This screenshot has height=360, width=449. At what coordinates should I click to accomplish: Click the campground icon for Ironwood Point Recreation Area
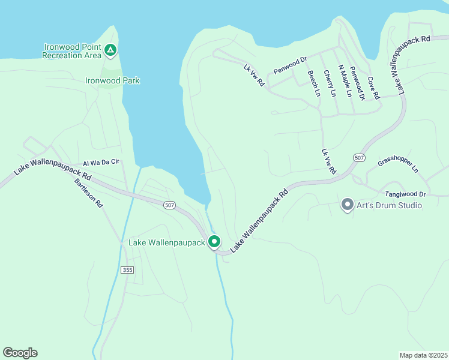click(110, 50)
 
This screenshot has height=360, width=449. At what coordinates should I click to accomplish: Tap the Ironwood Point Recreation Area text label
click(71, 51)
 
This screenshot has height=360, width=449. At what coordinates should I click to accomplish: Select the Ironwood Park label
click(112, 80)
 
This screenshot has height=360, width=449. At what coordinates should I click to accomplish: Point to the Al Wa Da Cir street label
click(101, 163)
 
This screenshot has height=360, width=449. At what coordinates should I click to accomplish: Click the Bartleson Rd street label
click(89, 193)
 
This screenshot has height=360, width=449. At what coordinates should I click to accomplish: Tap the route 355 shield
click(127, 270)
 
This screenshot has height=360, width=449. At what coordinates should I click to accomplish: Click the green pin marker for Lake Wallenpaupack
click(214, 242)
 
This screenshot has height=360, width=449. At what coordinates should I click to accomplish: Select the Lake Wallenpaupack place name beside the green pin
click(167, 243)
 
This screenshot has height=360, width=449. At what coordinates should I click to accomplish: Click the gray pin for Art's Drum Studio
click(347, 205)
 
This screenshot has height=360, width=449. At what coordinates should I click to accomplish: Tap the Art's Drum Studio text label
click(390, 206)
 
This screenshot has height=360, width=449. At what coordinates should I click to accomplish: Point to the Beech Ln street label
click(313, 83)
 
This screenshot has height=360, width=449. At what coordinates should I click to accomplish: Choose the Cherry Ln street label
click(329, 83)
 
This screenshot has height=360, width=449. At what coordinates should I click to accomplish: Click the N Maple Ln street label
click(345, 81)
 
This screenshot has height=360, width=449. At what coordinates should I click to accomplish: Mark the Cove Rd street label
click(373, 88)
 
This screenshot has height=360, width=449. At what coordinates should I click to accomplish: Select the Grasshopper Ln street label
click(397, 165)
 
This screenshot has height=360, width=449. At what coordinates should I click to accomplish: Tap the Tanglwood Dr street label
click(405, 194)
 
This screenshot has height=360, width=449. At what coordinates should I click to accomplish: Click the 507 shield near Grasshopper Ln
click(359, 157)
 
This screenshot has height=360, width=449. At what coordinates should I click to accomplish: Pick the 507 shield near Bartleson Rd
click(170, 205)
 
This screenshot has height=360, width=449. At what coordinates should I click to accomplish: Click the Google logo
click(20, 353)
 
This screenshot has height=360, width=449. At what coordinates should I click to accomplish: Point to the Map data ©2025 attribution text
click(423, 355)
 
